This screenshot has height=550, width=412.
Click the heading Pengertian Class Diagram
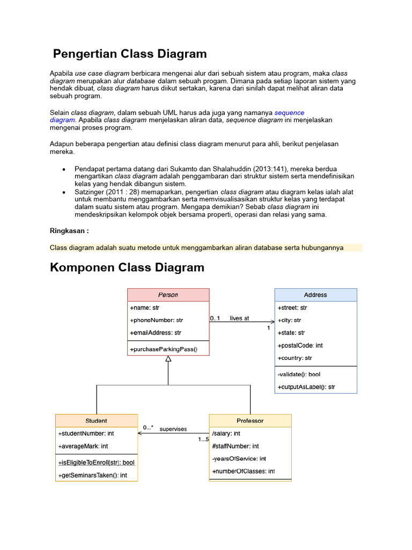tap(130, 54)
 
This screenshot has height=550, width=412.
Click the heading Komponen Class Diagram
tap(127, 267)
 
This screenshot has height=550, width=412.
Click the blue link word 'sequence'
tap(289, 113)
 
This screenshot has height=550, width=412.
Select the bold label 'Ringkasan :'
tap(69, 230)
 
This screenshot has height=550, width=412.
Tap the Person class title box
tap(168, 295)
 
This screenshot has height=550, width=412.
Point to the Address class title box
tap(315, 295)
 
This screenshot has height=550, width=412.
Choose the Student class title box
tap(97, 421)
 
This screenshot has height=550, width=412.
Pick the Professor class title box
tap(250, 421)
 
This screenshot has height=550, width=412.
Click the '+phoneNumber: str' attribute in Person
tap(157, 321)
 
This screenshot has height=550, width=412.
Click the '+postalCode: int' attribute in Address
tap(300, 345)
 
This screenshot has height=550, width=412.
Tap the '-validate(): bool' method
tap(299, 374)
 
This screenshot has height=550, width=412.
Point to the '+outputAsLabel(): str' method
tap(306, 387)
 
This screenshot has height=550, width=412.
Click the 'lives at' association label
tap(239, 319)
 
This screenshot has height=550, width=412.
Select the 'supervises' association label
tap(173, 429)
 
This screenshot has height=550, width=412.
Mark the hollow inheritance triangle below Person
tap(168, 359)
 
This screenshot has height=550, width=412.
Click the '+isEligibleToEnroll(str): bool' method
tap(97, 462)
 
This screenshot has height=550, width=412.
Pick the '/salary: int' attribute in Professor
tap(226, 433)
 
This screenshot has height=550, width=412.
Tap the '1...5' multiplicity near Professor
tap(203, 439)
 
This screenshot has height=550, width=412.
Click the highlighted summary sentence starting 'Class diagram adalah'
tap(197, 248)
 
